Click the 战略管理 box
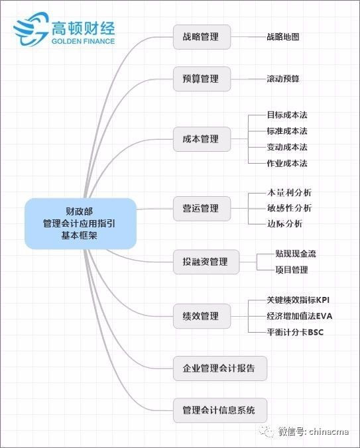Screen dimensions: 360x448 coord(202,37)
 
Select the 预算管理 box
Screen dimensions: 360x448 coord(202,79)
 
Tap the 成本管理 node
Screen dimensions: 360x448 coord(202,139)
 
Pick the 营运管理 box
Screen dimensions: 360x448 coord(202,209)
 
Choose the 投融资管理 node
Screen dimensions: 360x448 coord(206,262)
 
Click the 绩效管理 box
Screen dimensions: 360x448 coord(202,316)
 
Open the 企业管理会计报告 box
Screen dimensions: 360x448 coord(220,368)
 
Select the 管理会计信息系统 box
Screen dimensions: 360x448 coord(220,410)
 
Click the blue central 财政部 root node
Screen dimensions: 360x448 coord(80,223)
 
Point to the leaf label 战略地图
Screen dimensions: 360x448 coord(283,37)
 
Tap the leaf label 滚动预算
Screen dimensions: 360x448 coord(283,79)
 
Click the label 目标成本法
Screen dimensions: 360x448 coord(287,115)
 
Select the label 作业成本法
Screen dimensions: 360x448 coord(287,164)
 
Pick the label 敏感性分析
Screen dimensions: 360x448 coord(289,208)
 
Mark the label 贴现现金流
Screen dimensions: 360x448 coord(296,253)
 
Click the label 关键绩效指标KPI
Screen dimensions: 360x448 coord(298,300)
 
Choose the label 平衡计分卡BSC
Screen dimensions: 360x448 coord(295,332)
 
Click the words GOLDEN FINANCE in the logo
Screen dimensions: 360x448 coord(83,41)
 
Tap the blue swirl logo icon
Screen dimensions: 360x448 coord(31,28)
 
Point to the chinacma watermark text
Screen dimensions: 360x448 coord(329,431)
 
